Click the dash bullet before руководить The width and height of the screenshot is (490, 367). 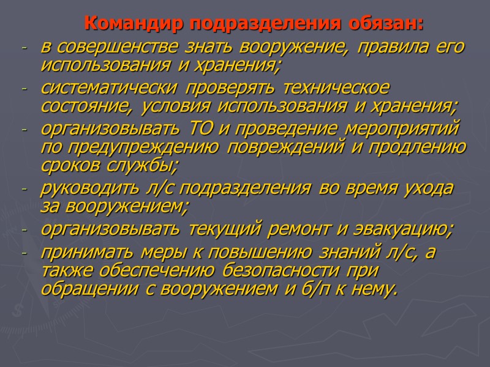click(24, 190)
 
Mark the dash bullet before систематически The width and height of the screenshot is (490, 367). click(24, 90)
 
